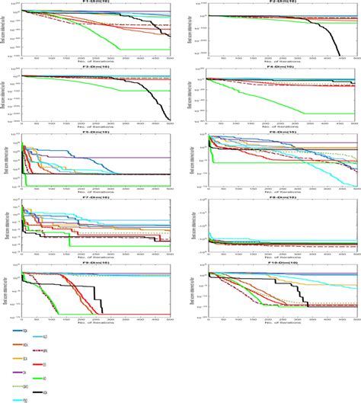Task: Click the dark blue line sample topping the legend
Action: pos(17,331)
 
